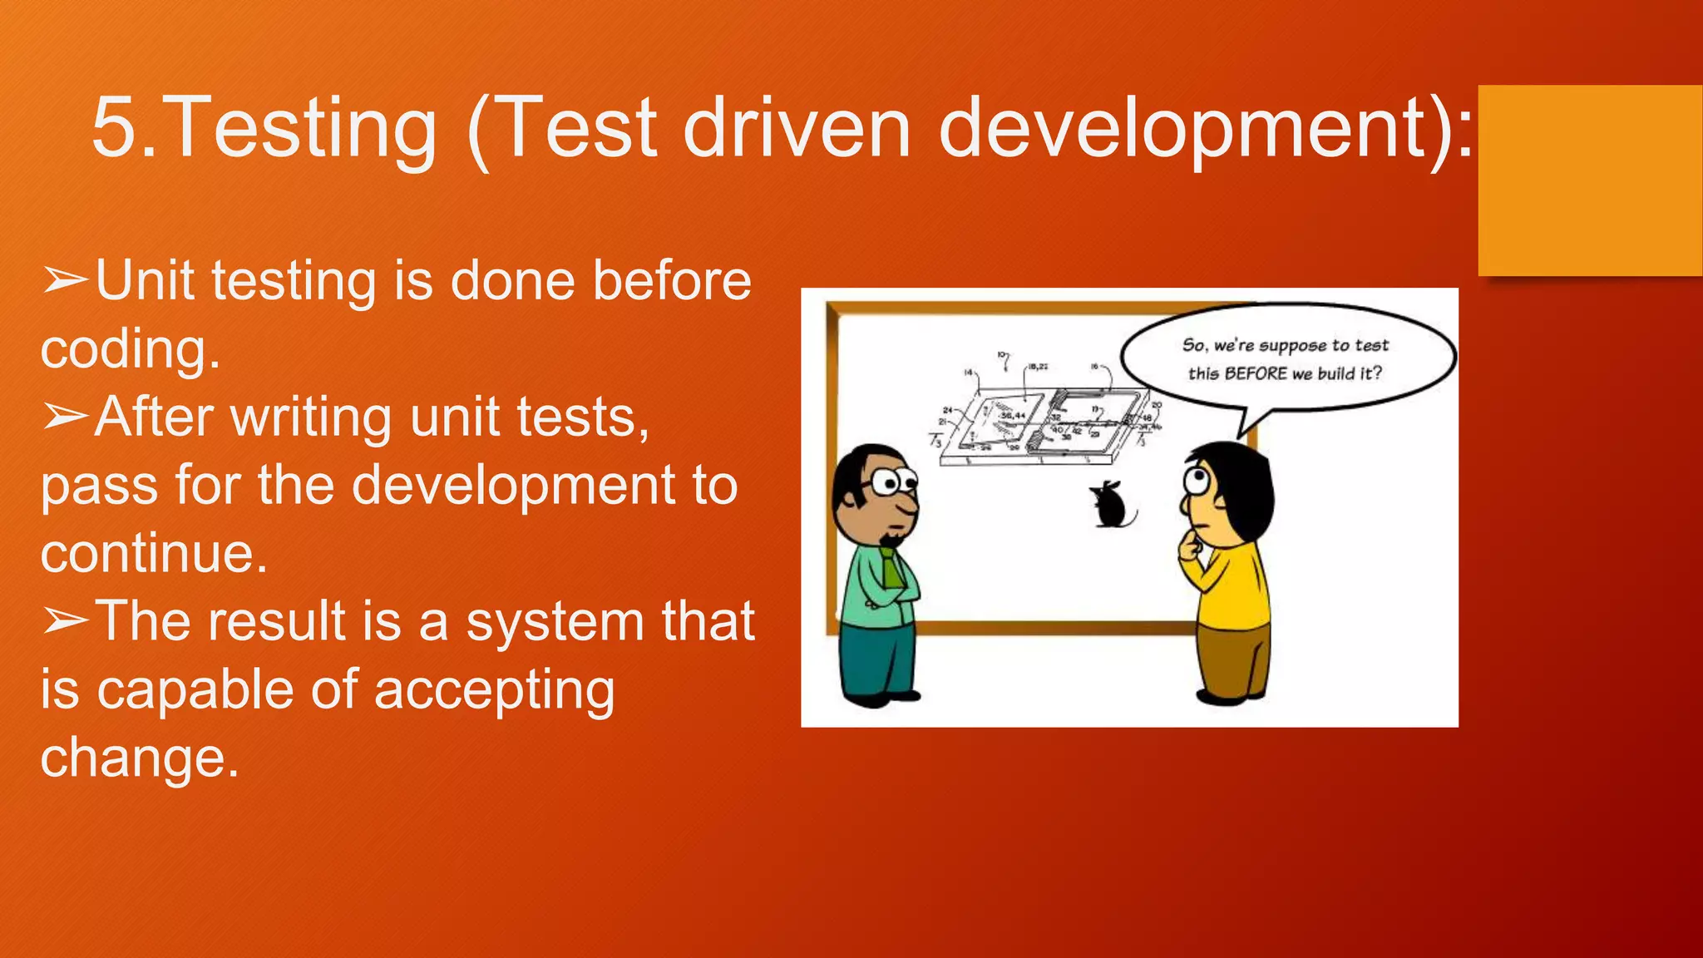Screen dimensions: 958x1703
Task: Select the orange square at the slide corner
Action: (1589, 180)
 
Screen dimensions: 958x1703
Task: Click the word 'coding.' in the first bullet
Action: (131, 349)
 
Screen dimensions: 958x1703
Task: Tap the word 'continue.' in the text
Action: (154, 553)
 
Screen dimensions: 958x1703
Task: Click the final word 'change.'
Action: (140, 758)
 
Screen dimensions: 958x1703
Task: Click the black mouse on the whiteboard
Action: (1111, 506)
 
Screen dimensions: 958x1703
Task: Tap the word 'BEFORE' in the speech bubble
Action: (1256, 373)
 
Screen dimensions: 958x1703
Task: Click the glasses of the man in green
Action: (892, 481)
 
